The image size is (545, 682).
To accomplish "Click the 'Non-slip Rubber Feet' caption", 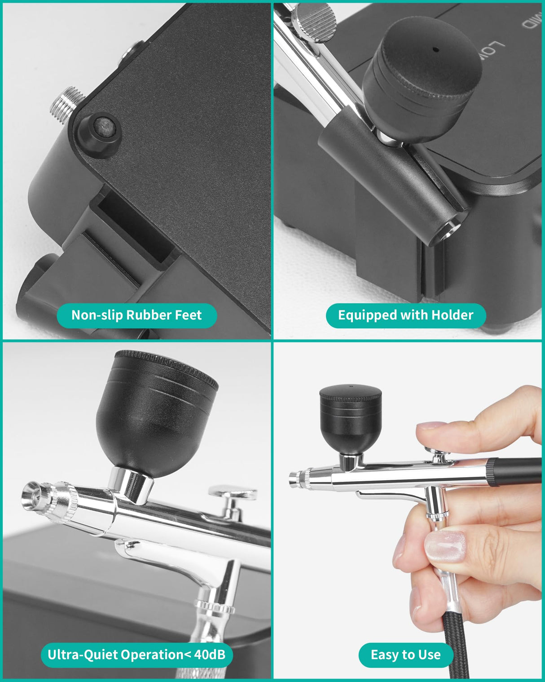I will (x=136, y=315).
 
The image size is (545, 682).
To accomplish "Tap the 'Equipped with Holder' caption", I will (x=405, y=315).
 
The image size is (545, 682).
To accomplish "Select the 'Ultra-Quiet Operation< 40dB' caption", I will (x=136, y=654).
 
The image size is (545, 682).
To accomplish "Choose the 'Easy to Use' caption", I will (x=405, y=655).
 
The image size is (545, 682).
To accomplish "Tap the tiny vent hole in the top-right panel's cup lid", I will (x=435, y=50).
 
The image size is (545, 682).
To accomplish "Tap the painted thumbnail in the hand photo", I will (x=445, y=545).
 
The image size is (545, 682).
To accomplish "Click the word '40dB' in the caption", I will (x=210, y=654).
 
